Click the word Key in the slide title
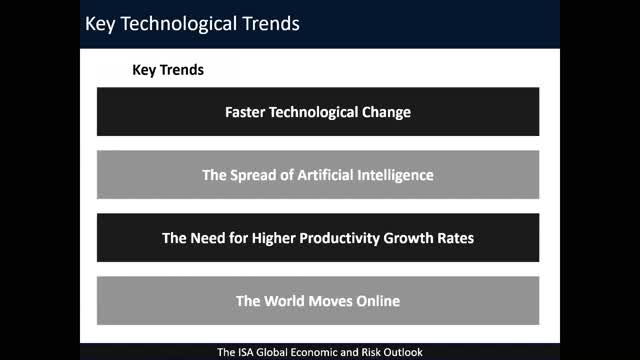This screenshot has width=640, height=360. coord(101,23)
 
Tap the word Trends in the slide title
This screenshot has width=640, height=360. coord(267,23)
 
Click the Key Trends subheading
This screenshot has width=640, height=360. coord(168,71)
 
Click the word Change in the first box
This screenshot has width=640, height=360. coord(386,112)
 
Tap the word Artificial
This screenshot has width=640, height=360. coord(332,175)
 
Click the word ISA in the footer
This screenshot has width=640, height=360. coord(246,352)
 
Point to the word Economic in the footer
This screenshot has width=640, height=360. coord(318,352)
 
